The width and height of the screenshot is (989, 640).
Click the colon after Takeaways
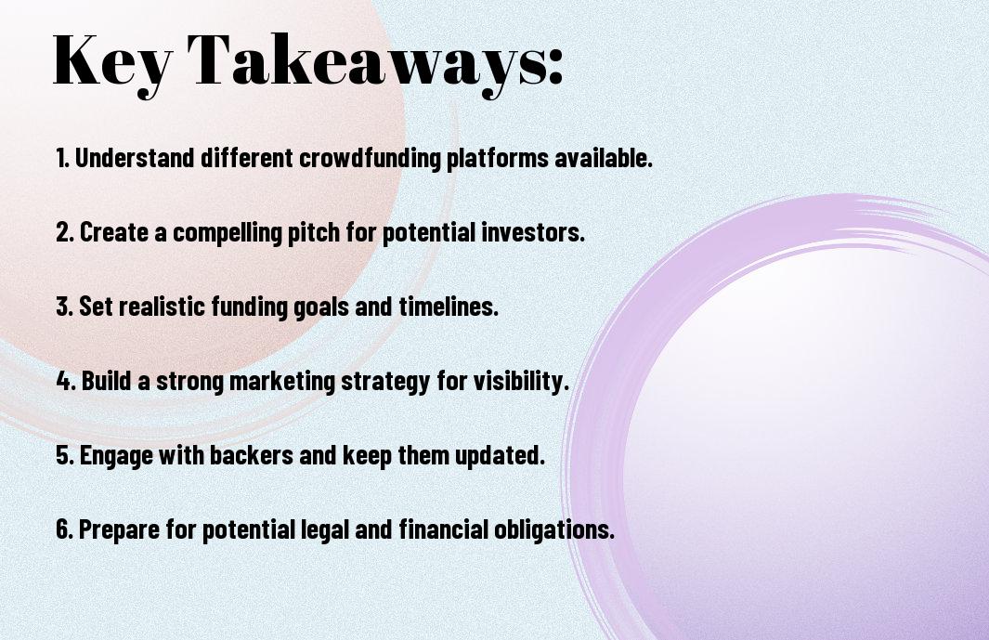tap(555, 66)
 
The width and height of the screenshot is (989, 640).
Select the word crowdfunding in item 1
tap(369, 158)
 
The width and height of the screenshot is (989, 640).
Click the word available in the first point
tap(604, 158)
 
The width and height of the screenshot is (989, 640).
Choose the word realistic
tap(163, 307)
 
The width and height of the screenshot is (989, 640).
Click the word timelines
tap(449, 307)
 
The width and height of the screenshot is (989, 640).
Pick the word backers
tap(251, 455)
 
